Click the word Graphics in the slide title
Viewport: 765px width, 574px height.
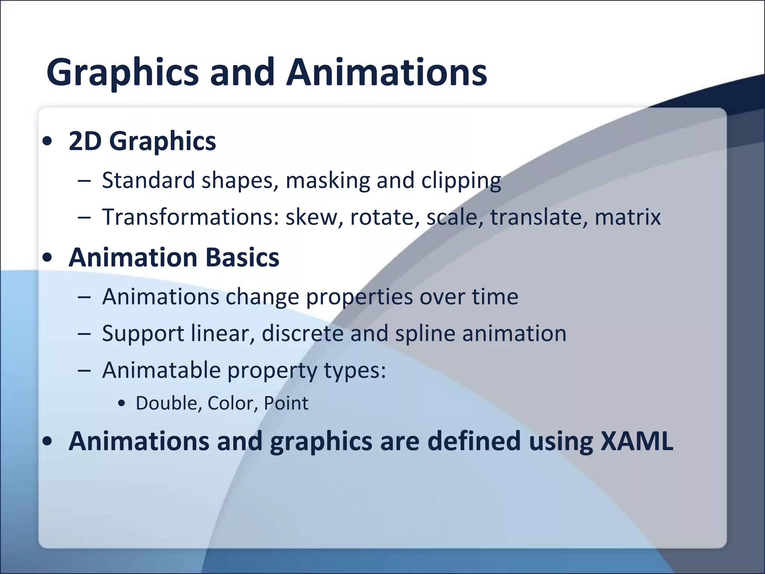point(123,73)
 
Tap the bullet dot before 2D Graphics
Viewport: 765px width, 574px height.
point(47,142)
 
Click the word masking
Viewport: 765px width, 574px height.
point(328,181)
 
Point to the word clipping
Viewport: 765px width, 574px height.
point(461,181)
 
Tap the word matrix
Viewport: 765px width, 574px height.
point(628,217)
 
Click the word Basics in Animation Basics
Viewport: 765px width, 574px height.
point(242,258)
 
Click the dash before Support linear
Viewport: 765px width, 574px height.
point(84,334)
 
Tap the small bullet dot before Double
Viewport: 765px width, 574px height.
point(121,404)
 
